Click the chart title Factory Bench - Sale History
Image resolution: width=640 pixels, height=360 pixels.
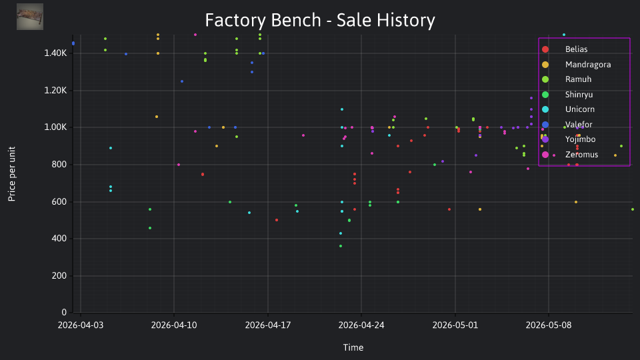click(x=320, y=20)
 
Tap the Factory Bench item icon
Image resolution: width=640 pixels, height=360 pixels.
click(x=30, y=17)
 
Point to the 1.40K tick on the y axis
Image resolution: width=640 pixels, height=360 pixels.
click(x=55, y=53)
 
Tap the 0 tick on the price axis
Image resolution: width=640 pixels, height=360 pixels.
click(x=64, y=313)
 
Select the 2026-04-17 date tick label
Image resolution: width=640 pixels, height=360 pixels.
click(x=268, y=325)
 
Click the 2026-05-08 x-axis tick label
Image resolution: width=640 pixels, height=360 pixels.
click(x=549, y=325)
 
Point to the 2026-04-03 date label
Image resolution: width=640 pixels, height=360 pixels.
click(x=81, y=325)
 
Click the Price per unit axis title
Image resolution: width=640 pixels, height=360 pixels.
click(x=12, y=174)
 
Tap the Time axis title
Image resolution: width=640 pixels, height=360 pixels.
click(x=353, y=348)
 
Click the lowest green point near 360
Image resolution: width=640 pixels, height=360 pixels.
click(x=341, y=246)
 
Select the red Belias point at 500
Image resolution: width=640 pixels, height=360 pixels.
click(x=277, y=220)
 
